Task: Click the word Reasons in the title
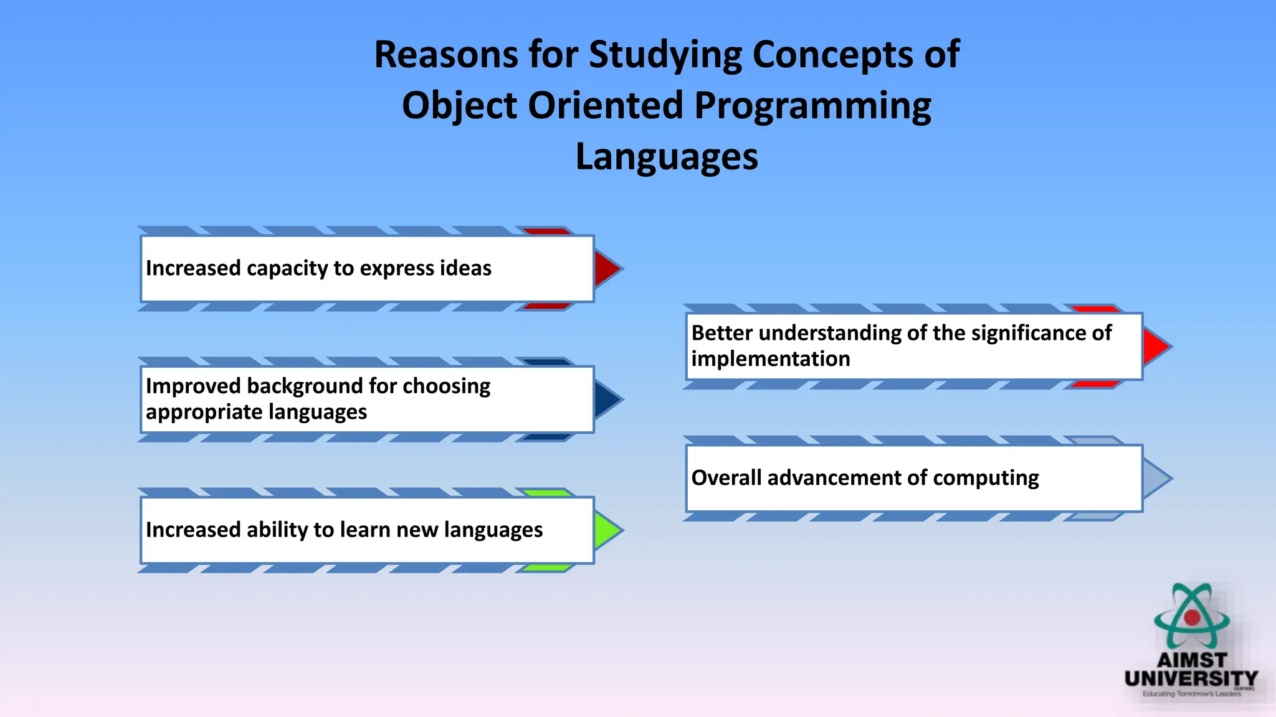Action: click(x=446, y=55)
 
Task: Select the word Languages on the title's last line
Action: click(x=667, y=156)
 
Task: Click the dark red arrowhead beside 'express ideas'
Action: click(x=606, y=269)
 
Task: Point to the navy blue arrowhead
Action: click(x=606, y=400)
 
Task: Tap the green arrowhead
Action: click(x=606, y=530)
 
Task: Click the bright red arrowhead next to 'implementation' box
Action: click(x=1155, y=347)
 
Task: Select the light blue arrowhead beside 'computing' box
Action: click(x=1155, y=478)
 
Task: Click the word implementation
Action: click(x=770, y=359)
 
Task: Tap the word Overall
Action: click(x=726, y=477)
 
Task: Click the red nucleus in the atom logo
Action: click(x=1192, y=617)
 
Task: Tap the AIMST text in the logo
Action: click(x=1192, y=660)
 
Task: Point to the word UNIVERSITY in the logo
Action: click(x=1191, y=678)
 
